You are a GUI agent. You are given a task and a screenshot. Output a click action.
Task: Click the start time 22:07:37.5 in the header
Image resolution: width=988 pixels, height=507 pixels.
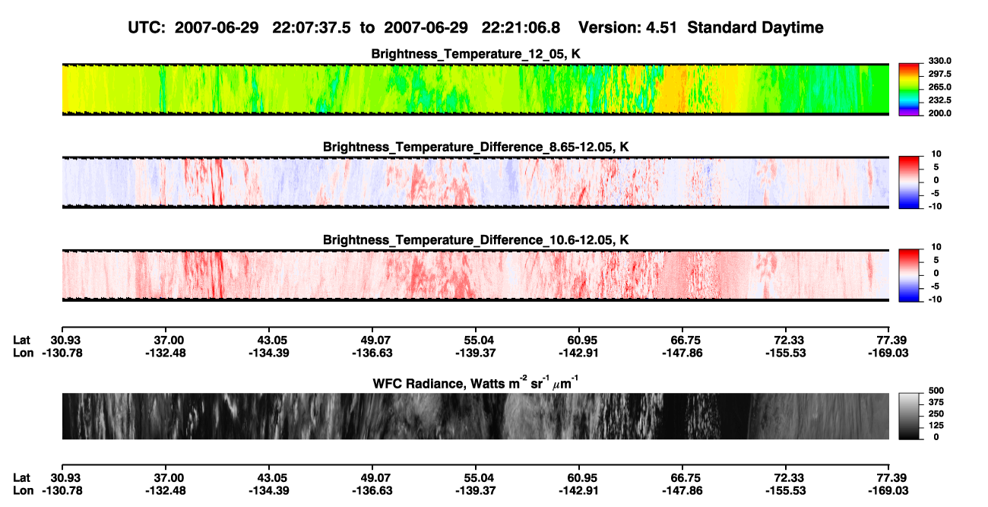[x=312, y=28]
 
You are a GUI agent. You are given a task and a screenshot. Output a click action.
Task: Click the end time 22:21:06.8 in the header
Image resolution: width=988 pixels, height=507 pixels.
[x=521, y=28]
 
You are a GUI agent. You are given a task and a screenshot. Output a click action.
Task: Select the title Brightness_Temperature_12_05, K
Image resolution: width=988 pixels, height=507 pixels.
[x=476, y=54]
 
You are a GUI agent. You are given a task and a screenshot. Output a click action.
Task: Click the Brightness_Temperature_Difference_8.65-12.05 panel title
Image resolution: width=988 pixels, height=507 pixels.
[x=476, y=147]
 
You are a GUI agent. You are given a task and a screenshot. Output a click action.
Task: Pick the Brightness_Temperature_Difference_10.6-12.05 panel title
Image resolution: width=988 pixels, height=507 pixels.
[x=476, y=240]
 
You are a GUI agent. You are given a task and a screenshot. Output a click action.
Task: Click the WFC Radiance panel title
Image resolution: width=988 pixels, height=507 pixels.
[x=476, y=383]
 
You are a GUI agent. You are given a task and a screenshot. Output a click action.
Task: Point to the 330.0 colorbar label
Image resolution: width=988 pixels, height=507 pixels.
[x=939, y=61]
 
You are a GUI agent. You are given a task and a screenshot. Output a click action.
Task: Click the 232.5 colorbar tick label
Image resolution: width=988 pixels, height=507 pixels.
[x=939, y=100]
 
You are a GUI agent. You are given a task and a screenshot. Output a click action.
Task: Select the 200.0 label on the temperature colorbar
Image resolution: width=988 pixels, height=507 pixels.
[x=939, y=113]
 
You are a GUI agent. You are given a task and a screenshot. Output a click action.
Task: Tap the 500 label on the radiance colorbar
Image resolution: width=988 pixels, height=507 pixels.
[x=936, y=391]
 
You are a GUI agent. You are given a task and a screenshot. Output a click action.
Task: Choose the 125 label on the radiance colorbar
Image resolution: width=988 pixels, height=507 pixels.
[x=936, y=426]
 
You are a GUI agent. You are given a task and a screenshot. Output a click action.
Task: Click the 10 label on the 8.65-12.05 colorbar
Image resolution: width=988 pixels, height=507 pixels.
[x=936, y=154]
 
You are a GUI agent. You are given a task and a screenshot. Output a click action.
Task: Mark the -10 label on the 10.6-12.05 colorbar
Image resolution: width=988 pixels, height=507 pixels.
[x=935, y=299]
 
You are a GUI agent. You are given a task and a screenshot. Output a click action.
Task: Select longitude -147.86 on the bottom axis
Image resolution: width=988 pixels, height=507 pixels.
[x=682, y=491]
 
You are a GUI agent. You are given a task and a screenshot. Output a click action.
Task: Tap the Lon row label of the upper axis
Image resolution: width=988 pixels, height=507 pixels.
[x=23, y=353]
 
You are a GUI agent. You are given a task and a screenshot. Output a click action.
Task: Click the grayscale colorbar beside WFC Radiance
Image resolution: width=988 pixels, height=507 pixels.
[x=909, y=416]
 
